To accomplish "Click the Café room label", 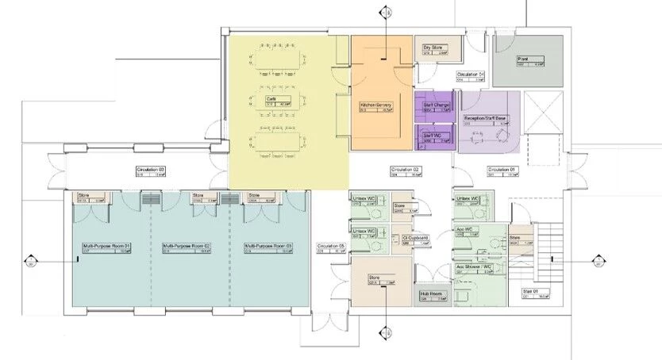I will (x=271, y=98).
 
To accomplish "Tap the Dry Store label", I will (x=433, y=48).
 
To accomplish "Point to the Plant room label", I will (x=523, y=59).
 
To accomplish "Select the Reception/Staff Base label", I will (x=485, y=119).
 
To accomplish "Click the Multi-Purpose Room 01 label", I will (x=106, y=247).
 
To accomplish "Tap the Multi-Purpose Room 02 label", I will (x=186, y=247).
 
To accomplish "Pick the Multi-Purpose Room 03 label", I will (x=267, y=247).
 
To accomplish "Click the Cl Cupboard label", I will (x=415, y=238).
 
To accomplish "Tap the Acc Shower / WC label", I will (x=475, y=268).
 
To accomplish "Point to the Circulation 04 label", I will (x=470, y=75).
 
